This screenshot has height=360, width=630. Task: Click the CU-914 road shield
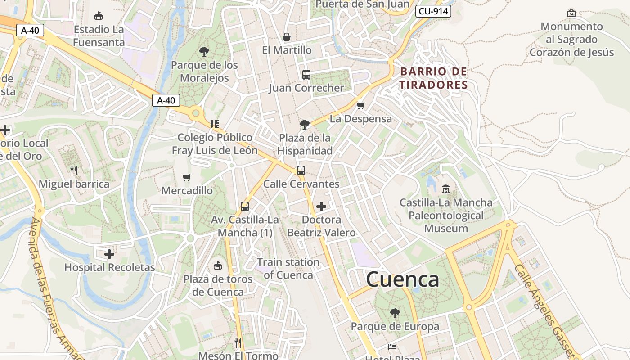pos(433,11)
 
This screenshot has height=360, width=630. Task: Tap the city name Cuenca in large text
pos(402,279)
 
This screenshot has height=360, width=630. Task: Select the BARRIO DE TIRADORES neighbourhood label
pos(434,78)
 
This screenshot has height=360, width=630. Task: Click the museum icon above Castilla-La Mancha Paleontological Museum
pos(446,189)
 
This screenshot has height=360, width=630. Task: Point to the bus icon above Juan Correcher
pos(306,75)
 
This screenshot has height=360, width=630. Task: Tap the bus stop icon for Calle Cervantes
pos(301,171)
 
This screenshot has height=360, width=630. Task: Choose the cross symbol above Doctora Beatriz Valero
pos(321,207)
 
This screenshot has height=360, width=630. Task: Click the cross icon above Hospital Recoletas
pos(109,254)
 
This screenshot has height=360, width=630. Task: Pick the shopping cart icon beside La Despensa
pos(360,106)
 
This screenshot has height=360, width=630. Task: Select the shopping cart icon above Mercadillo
pos(187,177)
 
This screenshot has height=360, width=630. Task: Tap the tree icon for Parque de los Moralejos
pos(204,51)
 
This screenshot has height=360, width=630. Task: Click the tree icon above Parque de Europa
pos(395,313)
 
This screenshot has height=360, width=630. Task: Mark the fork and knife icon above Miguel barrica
pos(74,171)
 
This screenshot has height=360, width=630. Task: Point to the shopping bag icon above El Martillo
pos(286,37)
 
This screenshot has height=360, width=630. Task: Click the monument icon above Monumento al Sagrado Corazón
pos(571,13)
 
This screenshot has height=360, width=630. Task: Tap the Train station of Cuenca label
pos(288,269)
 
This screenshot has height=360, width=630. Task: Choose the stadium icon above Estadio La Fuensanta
pos(99,16)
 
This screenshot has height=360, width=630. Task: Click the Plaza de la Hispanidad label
pos(305,144)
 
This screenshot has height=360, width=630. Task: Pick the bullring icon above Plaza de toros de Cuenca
pos(218,265)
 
